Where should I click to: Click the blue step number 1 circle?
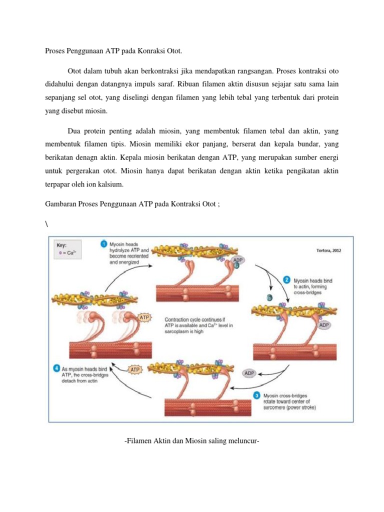coord(103,243)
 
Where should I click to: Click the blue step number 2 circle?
coord(286,279)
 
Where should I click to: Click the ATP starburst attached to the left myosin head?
coord(144,317)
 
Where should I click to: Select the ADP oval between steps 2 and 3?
coord(249,373)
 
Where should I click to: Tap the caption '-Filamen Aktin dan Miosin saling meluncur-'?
coord(191,440)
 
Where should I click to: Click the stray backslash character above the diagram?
coord(39,223)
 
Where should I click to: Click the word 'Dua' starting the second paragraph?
coord(74,132)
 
